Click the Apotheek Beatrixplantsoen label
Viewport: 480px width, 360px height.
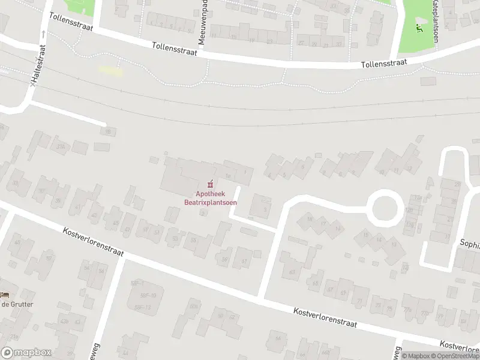(x=210, y=197)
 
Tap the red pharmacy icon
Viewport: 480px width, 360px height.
(x=210, y=184)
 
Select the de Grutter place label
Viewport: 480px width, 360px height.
(x=17, y=304)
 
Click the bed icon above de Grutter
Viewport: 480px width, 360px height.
(x=5, y=295)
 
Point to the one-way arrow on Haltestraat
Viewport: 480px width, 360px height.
(x=44, y=34)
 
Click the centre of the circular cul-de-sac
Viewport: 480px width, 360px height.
(x=384, y=209)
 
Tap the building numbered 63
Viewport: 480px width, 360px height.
(x=292, y=272)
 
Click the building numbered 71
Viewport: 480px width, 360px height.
(x=359, y=301)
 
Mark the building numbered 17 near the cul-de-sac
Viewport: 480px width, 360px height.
(x=323, y=224)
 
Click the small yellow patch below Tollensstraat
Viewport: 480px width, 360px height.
(x=111, y=71)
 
